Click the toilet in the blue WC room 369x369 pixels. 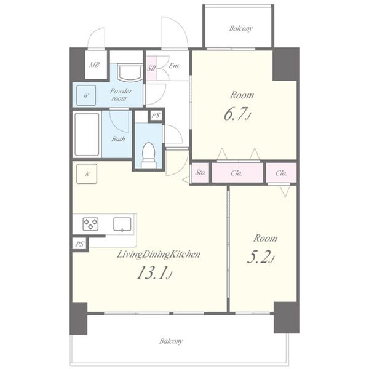coord(149,155)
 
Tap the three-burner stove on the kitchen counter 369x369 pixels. coord(90,224)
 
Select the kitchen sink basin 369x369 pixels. coord(122,224)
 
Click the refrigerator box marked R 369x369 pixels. coord(87,173)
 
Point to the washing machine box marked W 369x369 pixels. coord(86,95)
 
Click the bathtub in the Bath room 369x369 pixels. coord(87,134)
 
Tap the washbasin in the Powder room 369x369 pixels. coord(130,73)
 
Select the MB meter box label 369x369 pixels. coord(94,65)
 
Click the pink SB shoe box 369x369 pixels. coord(151,68)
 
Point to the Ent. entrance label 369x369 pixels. coord(174,66)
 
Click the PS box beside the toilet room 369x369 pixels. coord(156,116)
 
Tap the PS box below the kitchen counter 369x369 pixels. coord(79,244)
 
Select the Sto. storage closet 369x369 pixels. coord(200,173)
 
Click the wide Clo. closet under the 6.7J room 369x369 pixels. coord(237,173)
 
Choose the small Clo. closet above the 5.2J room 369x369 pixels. coord(281,173)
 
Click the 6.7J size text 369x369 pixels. coord(237,114)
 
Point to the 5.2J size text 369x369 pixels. coord(261,256)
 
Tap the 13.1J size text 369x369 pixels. coord(154,273)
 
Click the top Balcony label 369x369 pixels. coord(240,28)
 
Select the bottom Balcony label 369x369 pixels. coord(171,341)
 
